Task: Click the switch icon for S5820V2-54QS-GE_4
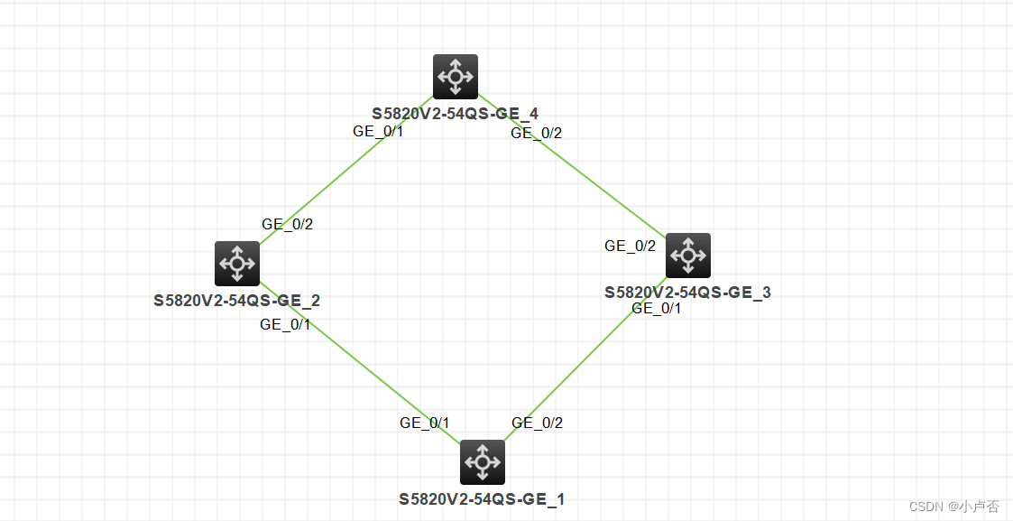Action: tap(456, 76)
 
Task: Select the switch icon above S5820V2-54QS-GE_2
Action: tap(237, 264)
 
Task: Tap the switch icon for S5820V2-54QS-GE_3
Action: tap(688, 256)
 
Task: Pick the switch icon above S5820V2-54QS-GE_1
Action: tap(483, 462)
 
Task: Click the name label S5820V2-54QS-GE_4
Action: tap(455, 114)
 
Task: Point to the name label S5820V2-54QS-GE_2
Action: tap(236, 301)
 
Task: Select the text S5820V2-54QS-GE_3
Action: tap(687, 293)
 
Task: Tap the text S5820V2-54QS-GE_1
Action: tap(482, 499)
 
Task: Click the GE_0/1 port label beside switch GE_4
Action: tap(378, 131)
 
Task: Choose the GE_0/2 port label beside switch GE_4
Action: tap(536, 133)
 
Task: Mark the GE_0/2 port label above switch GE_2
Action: tap(287, 224)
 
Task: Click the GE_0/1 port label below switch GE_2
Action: tap(285, 325)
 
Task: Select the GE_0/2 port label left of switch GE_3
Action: tap(630, 246)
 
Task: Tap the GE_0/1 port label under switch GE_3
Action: tap(657, 308)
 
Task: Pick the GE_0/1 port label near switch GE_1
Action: tap(425, 423)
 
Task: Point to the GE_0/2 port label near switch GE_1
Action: tap(537, 423)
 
